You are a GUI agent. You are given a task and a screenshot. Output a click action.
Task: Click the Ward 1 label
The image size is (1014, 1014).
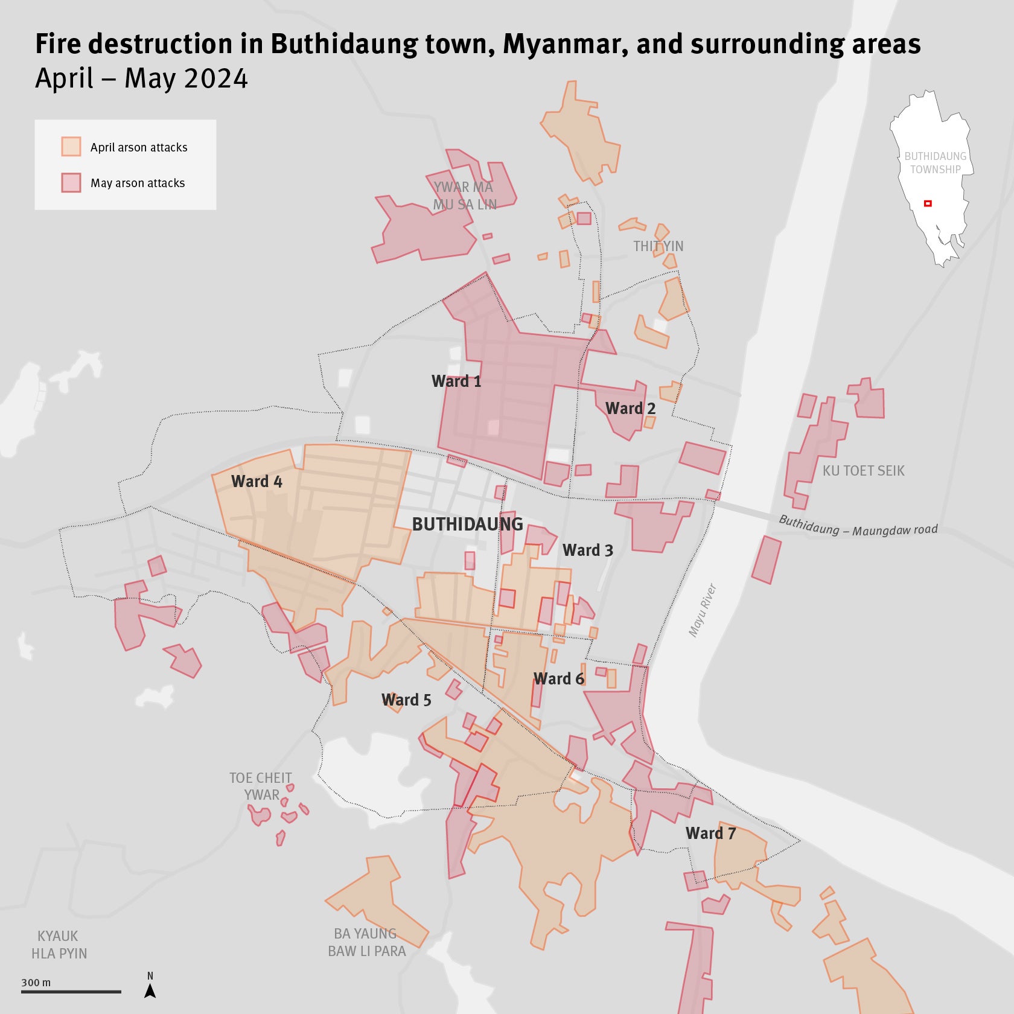(x=456, y=381)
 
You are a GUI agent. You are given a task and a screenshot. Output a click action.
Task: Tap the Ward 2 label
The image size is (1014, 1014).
(x=630, y=409)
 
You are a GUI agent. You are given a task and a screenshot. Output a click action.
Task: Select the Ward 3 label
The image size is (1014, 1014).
(x=587, y=550)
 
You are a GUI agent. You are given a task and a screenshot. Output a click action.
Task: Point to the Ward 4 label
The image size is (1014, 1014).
(x=257, y=482)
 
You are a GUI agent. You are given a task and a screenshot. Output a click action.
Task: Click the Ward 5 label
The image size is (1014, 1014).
(x=406, y=700)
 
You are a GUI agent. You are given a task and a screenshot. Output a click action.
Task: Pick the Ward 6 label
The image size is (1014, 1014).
(x=559, y=679)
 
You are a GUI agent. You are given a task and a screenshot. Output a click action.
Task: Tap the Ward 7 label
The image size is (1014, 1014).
(x=710, y=834)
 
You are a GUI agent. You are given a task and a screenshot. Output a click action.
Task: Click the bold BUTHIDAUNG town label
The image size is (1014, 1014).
(x=467, y=525)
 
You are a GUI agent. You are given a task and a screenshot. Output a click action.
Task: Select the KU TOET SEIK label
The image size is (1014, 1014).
(x=863, y=471)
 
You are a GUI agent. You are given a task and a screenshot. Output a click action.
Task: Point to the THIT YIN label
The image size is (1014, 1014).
(x=658, y=246)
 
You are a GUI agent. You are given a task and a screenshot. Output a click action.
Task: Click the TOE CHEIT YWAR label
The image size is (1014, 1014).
(x=261, y=786)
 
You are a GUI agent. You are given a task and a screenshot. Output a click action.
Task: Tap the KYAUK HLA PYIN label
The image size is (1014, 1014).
(x=59, y=945)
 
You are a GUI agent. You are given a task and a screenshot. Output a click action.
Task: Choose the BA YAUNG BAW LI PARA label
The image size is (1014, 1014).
(x=366, y=942)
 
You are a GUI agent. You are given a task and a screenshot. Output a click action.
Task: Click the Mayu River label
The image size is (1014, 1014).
(x=703, y=610)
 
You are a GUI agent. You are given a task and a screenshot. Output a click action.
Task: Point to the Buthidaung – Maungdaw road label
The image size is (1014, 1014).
(x=858, y=526)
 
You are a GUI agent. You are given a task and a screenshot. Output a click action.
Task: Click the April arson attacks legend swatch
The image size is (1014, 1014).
(x=71, y=147)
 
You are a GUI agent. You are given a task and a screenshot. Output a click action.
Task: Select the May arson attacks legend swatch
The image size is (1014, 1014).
(x=71, y=182)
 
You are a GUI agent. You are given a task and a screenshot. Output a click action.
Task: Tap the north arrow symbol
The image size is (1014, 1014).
(x=150, y=990)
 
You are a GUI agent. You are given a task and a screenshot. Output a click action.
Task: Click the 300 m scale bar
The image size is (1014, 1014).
(x=71, y=992)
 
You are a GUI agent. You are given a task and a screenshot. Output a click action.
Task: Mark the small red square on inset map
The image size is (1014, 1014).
(x=928, y=203)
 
